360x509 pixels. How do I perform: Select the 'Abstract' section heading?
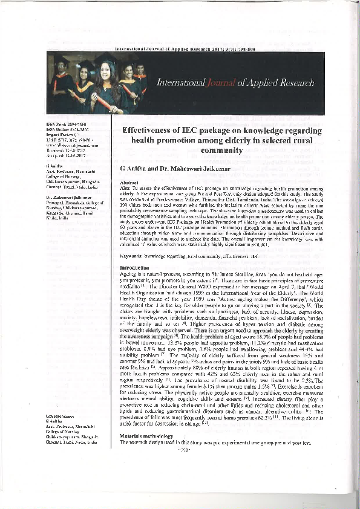pos(131,182)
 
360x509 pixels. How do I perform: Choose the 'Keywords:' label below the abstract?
pos(134,256)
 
